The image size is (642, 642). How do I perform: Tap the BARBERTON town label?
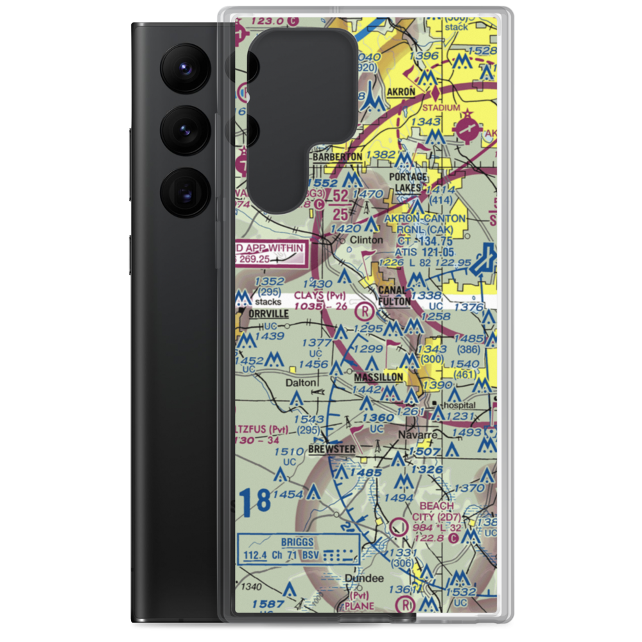(337, 156)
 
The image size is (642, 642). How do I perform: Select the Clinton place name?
(367, 240)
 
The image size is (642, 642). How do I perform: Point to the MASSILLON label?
(379, 377)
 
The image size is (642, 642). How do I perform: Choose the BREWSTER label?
(331, 449)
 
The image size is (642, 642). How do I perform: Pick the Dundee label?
(364, 578)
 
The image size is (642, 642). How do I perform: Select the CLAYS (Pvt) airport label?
(320, 296)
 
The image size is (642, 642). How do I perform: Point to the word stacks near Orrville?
(268, 300)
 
